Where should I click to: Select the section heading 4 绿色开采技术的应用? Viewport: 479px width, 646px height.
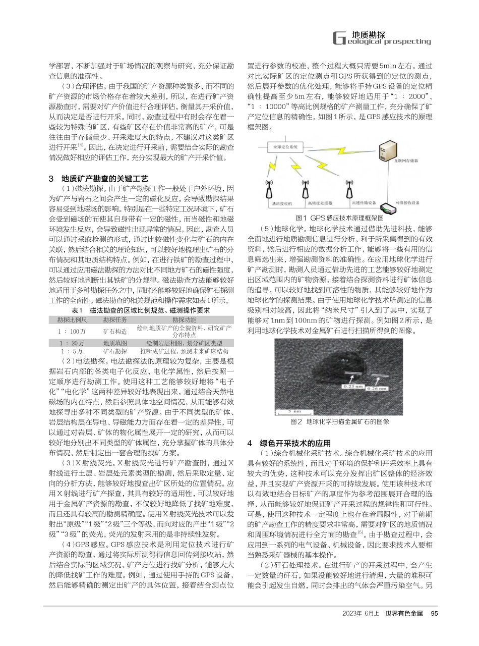pos(289,443)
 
